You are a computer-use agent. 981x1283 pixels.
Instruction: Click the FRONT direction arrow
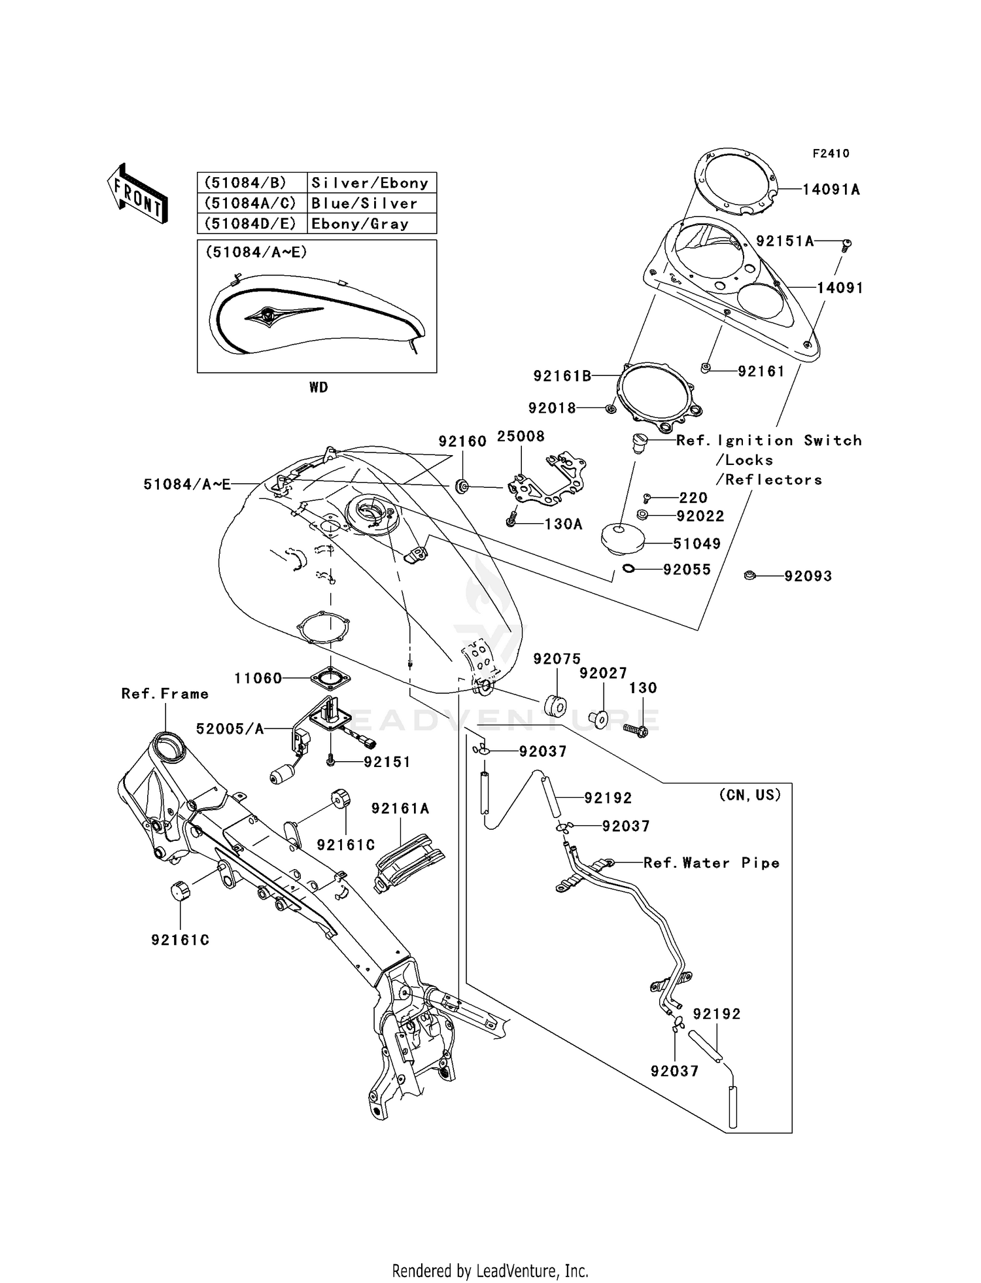pyautogui.click(x=137, y=194)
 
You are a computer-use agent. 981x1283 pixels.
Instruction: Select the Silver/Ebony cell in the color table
pyautogui.click(x=370, y=183)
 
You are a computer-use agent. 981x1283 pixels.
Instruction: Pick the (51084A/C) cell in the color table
pyautogui.click(x=251, y=203)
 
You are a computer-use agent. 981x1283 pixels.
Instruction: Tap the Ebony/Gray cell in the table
pyautogui.click(x=360, y=224)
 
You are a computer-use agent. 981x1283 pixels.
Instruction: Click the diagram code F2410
pyautogui.click(x=831, y=154)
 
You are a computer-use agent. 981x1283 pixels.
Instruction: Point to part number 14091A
pyautogui.click(x=831, y=190)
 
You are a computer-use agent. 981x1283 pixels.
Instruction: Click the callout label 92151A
pyautogui.click(x=784, y=241)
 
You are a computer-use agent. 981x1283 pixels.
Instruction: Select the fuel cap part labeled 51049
pyautogui.click(x=622, y=538)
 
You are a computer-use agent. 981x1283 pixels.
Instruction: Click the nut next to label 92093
pyautogui.click(x=749, y=575)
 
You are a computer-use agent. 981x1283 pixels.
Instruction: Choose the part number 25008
pyautogui.click(x=521, y=436)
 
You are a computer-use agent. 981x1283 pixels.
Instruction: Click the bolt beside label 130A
pyautogui.click(x=512, y=521)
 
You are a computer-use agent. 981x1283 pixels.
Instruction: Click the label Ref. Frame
pyautogui.click(x=165, y=694)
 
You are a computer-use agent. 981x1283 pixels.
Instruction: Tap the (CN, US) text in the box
pyautogui.click(x=749, y=795)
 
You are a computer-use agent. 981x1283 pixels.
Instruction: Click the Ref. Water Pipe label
pyautogui.click(x=711, y=863)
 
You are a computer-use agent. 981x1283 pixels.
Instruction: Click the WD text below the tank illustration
pyautogui.click(x=318, y=388)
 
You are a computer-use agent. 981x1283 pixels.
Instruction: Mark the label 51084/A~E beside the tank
pyautogui.click(x=187, y=485)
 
